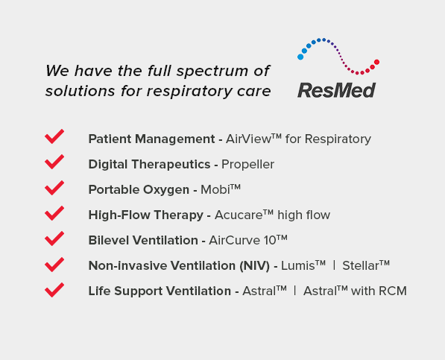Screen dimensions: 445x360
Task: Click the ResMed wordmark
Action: click(x=337, y=90)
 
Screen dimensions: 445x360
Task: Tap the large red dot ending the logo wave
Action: click(x=376, y=62)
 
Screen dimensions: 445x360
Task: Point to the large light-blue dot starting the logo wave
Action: click(x=300, y=57)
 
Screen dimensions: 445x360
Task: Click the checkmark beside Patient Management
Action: click(x=54, y=136)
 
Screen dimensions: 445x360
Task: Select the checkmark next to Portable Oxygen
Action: click(x=54, y=188)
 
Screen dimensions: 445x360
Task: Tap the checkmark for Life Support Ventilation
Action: click(x=54, y=290)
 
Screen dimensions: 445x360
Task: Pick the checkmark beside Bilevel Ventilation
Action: click(x=54, y=239)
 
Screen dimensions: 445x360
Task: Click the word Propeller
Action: click(x=247, y=165)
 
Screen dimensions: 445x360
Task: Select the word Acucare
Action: click(x=239, y=215)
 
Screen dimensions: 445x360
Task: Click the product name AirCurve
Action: click(x=234, y=240)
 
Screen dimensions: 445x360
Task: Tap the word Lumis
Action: click(x=297, y=266)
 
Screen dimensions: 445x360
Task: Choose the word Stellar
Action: click(x=361, y=266)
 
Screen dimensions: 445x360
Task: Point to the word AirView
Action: click(x=248, y=139)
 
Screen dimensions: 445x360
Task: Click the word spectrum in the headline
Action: click(x=212, y=72)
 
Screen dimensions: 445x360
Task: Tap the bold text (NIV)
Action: click(x=255, y=266)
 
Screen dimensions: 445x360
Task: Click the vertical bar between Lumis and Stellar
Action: click(x=335, y=265)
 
